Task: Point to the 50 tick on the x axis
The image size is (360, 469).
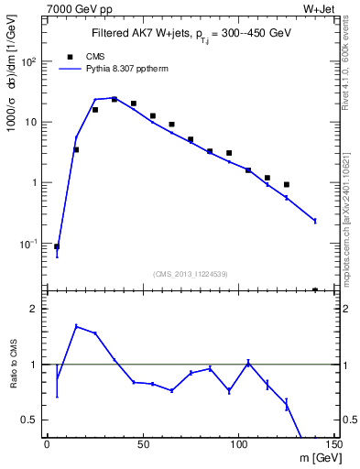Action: pyautogui.click(x=143, y=444)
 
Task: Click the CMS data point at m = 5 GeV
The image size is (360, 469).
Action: pyautogui.click(x=57, y=246)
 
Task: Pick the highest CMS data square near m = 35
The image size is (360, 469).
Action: pyautogui.click(x=115, y=99)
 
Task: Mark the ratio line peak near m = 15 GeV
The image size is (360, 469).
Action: pyautogui.click(x=76, y=326)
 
